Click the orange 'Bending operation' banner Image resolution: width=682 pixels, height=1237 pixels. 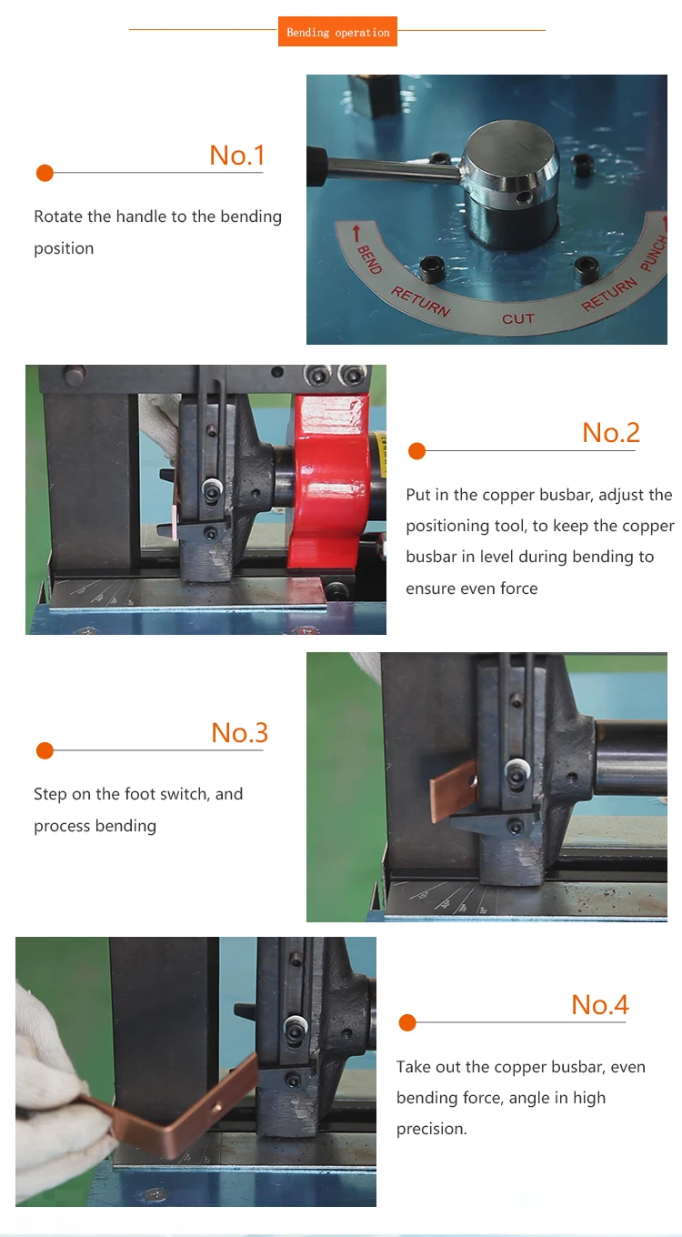pyautogui.click(x=337, y=33)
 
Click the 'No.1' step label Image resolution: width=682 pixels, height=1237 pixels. pyautogui.click(x=236, y=156)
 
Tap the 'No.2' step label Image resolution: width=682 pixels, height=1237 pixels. pyautogui.click(x=611, y=433)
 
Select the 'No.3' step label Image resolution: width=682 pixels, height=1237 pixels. pyautogui.click(x=239, y=733)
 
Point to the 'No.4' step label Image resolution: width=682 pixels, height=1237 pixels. pyautogui.click(x=599, y=1005)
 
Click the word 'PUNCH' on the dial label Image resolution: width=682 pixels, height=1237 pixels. pyautogui.click(x=652, y=255)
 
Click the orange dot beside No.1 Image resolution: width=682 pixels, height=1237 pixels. pyautogui.click(x=45, y=173)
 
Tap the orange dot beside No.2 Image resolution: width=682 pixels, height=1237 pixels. pyautogui.click(x=416, y=451)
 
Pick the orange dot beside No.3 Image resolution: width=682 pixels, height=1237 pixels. pyautogui.click(x=45, y=750)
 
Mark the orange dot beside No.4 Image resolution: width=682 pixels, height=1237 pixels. pyautogui.click(x=406, y=1023)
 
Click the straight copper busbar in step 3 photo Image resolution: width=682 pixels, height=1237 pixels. pyautogui.click(x=453, y=792)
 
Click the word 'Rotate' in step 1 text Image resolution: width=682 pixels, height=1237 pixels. pyautogui.click(x=58, y=217)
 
